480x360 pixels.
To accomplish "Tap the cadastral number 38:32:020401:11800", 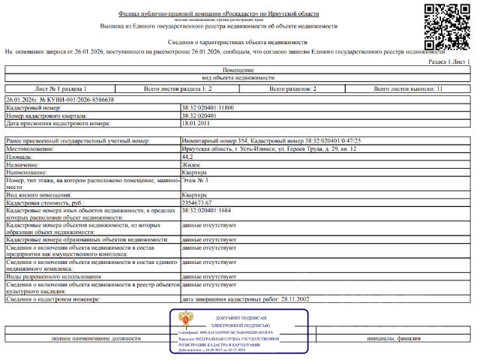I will (207, 109).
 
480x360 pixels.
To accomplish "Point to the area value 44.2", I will (187, 157).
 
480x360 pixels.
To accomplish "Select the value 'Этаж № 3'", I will (194, 180).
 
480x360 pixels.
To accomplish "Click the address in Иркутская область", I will (268, 149).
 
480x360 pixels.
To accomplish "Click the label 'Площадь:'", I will (21, 157).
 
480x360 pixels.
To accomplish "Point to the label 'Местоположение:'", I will (31, 149).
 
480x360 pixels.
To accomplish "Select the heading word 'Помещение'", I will (238, 69).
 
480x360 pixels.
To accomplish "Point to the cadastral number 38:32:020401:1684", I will (205, 211).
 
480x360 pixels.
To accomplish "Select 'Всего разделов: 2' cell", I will (292, 88).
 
